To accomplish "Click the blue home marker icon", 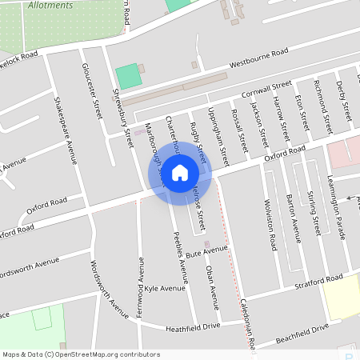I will tap(180, 173).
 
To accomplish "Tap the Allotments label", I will tap(50, 5).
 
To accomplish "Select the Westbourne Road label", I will tap(258, 57).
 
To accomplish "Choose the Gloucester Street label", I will tap(93, 92).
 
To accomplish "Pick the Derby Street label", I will tap(344, 100).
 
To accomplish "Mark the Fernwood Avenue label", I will tap(141, 286).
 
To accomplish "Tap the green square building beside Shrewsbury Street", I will tap(127, 77).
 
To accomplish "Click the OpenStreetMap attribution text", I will tap(80, 354).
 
